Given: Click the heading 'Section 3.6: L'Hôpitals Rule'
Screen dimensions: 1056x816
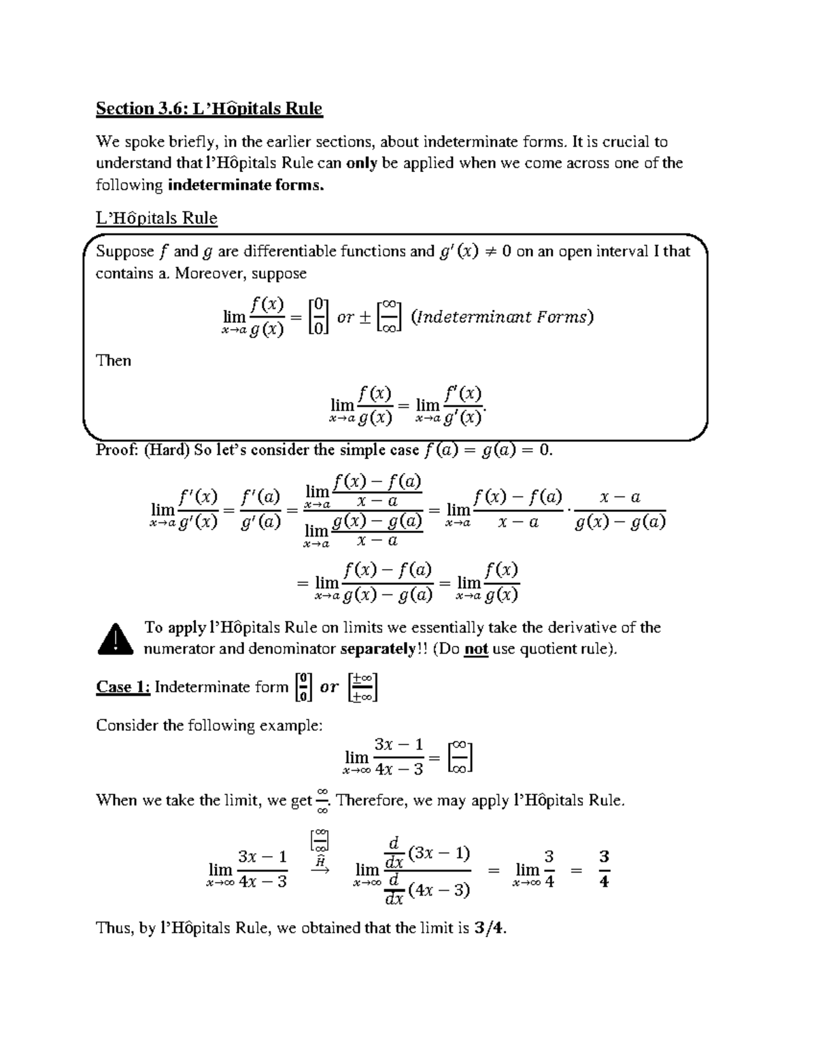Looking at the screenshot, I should tap(209, 109).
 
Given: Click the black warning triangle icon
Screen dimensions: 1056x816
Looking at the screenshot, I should tap(114, 638).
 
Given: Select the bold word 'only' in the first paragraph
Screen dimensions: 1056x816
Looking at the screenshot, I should tap(362, 163).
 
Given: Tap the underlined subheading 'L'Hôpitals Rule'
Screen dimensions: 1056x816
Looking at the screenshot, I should tap(156, 218).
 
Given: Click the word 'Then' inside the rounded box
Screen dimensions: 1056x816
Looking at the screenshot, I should tap(114, 360).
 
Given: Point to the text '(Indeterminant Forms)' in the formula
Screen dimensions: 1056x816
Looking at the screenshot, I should tap(503, 317).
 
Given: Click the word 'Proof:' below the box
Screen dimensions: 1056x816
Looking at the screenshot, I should tap(117, 450).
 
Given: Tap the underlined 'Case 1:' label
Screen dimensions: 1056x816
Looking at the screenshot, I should tap(123, 687).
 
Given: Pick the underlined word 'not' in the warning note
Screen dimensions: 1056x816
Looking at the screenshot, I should tap(476, 649).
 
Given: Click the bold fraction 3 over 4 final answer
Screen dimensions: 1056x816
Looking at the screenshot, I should tap(604, 870).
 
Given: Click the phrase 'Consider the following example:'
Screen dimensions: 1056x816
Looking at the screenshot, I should tap(209, 726).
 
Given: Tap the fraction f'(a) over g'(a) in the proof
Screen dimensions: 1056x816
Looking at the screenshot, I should tap(260, 510).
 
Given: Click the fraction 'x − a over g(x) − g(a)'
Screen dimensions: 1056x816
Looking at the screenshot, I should tap(619, 510).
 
